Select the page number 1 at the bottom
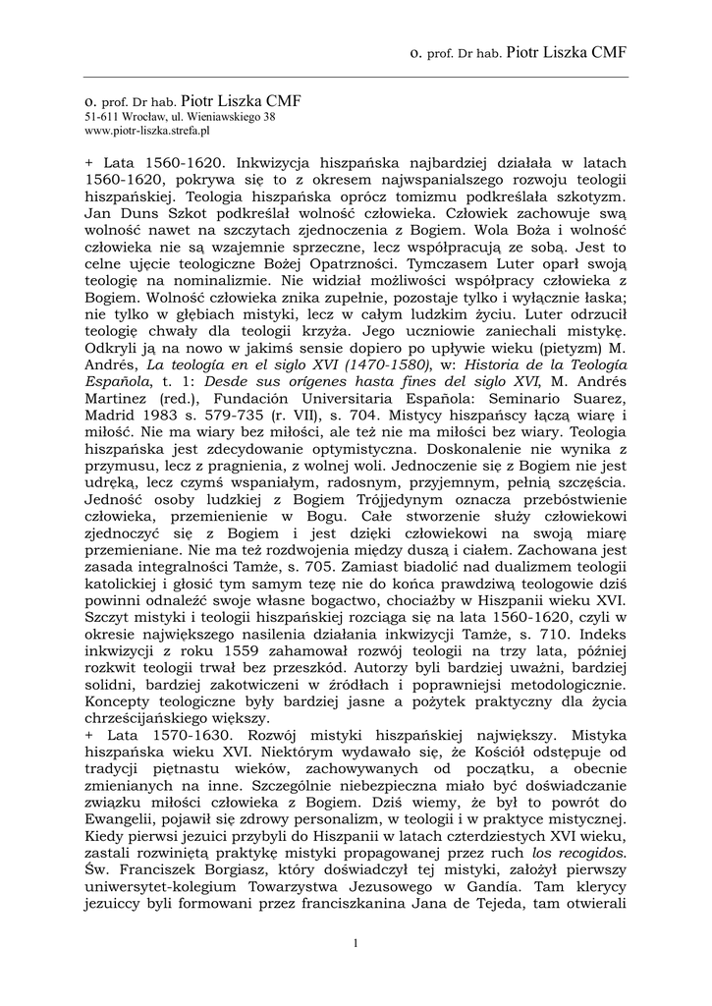355,944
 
